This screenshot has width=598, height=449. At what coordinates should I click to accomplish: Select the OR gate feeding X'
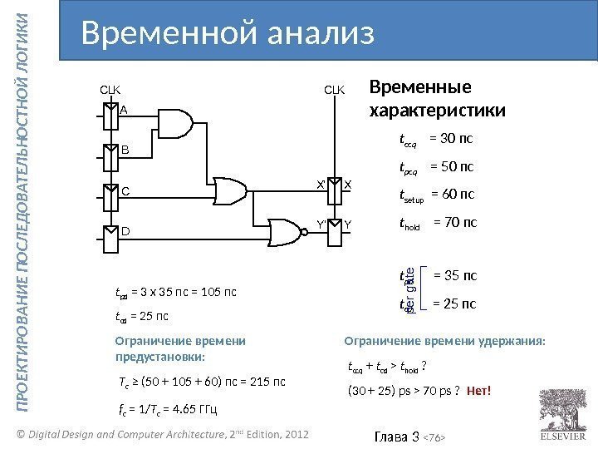(228, 190)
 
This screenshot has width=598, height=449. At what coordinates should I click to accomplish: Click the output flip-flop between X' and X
(334, 190)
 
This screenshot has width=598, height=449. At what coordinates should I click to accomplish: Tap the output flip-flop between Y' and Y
(334, 231)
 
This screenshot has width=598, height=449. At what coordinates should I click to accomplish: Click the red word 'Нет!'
(479, 391)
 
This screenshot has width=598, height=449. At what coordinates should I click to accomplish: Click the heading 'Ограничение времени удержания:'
(445, 340)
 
